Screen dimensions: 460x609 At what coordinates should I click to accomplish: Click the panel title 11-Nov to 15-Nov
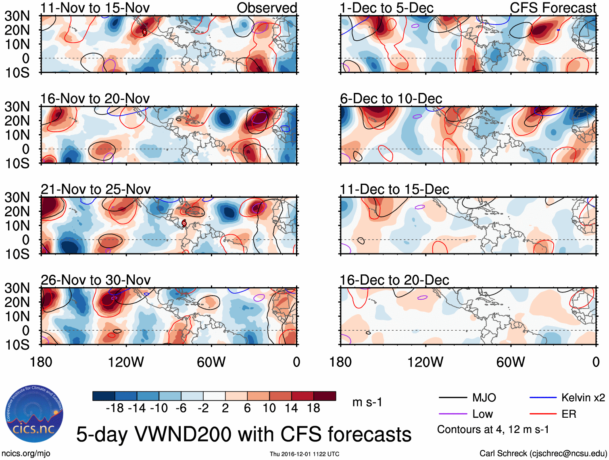coord(95,8)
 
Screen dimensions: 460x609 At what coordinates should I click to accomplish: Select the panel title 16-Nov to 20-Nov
coord(95,98)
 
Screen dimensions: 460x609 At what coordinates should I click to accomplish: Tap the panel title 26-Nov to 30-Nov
coord(96,280)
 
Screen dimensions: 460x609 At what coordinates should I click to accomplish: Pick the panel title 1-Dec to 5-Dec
coord(386,8)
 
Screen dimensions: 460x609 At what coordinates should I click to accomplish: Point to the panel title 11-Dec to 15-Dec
coord(394,189)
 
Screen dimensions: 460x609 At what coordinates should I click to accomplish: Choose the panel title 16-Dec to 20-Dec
coord(394,280)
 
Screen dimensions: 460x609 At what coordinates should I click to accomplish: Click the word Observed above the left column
coord(267,8)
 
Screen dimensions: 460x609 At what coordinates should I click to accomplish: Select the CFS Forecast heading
coord(553,8)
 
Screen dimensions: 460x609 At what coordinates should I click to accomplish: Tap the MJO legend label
coord(484,398)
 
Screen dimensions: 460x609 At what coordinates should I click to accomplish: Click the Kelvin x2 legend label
coord(583,398)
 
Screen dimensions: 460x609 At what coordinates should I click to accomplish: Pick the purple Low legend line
coord(453,414)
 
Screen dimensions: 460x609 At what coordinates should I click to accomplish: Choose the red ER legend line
coord(543,414)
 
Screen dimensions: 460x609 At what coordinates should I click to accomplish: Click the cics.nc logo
coord(34,414)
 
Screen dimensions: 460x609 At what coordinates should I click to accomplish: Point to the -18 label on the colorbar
coord(115,408)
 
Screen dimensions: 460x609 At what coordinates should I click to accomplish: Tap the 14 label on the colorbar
coord(291,408)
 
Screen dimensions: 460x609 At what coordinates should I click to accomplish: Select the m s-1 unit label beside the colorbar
coord(367,402)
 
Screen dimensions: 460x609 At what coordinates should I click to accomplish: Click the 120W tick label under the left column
coord(126,362)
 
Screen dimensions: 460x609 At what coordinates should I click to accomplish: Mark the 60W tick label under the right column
coord(510,362)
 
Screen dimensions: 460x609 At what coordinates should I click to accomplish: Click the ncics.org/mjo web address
coord(26,453)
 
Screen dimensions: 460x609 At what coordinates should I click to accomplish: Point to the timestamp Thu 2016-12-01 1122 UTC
coord(304,454)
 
